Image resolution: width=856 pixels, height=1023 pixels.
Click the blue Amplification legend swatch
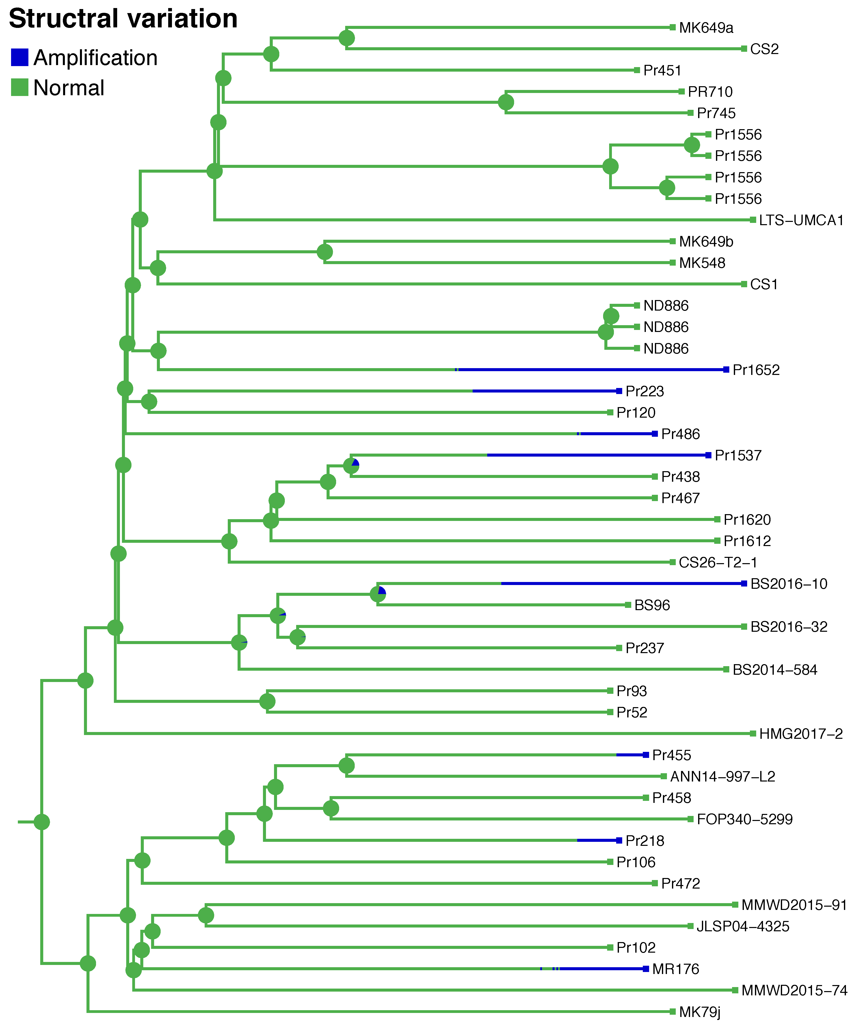pos(20,58)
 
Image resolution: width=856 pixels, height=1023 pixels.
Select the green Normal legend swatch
pos(20,88)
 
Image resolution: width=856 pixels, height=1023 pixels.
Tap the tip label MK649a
pos(706,28)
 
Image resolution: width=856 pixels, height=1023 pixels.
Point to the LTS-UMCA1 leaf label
pos(801,220)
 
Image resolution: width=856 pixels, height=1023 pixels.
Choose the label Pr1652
pos(756,370)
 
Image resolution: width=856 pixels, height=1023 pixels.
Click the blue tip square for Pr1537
pos(708,455)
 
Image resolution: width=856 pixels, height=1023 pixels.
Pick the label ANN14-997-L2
pos(723,776)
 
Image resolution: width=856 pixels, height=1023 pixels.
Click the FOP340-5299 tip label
pos(744,819)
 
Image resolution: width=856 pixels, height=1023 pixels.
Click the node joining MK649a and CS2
pos(347,38)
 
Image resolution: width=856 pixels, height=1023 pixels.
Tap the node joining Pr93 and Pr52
pos(267,702)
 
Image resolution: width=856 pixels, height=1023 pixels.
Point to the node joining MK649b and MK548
pos(325,252)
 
